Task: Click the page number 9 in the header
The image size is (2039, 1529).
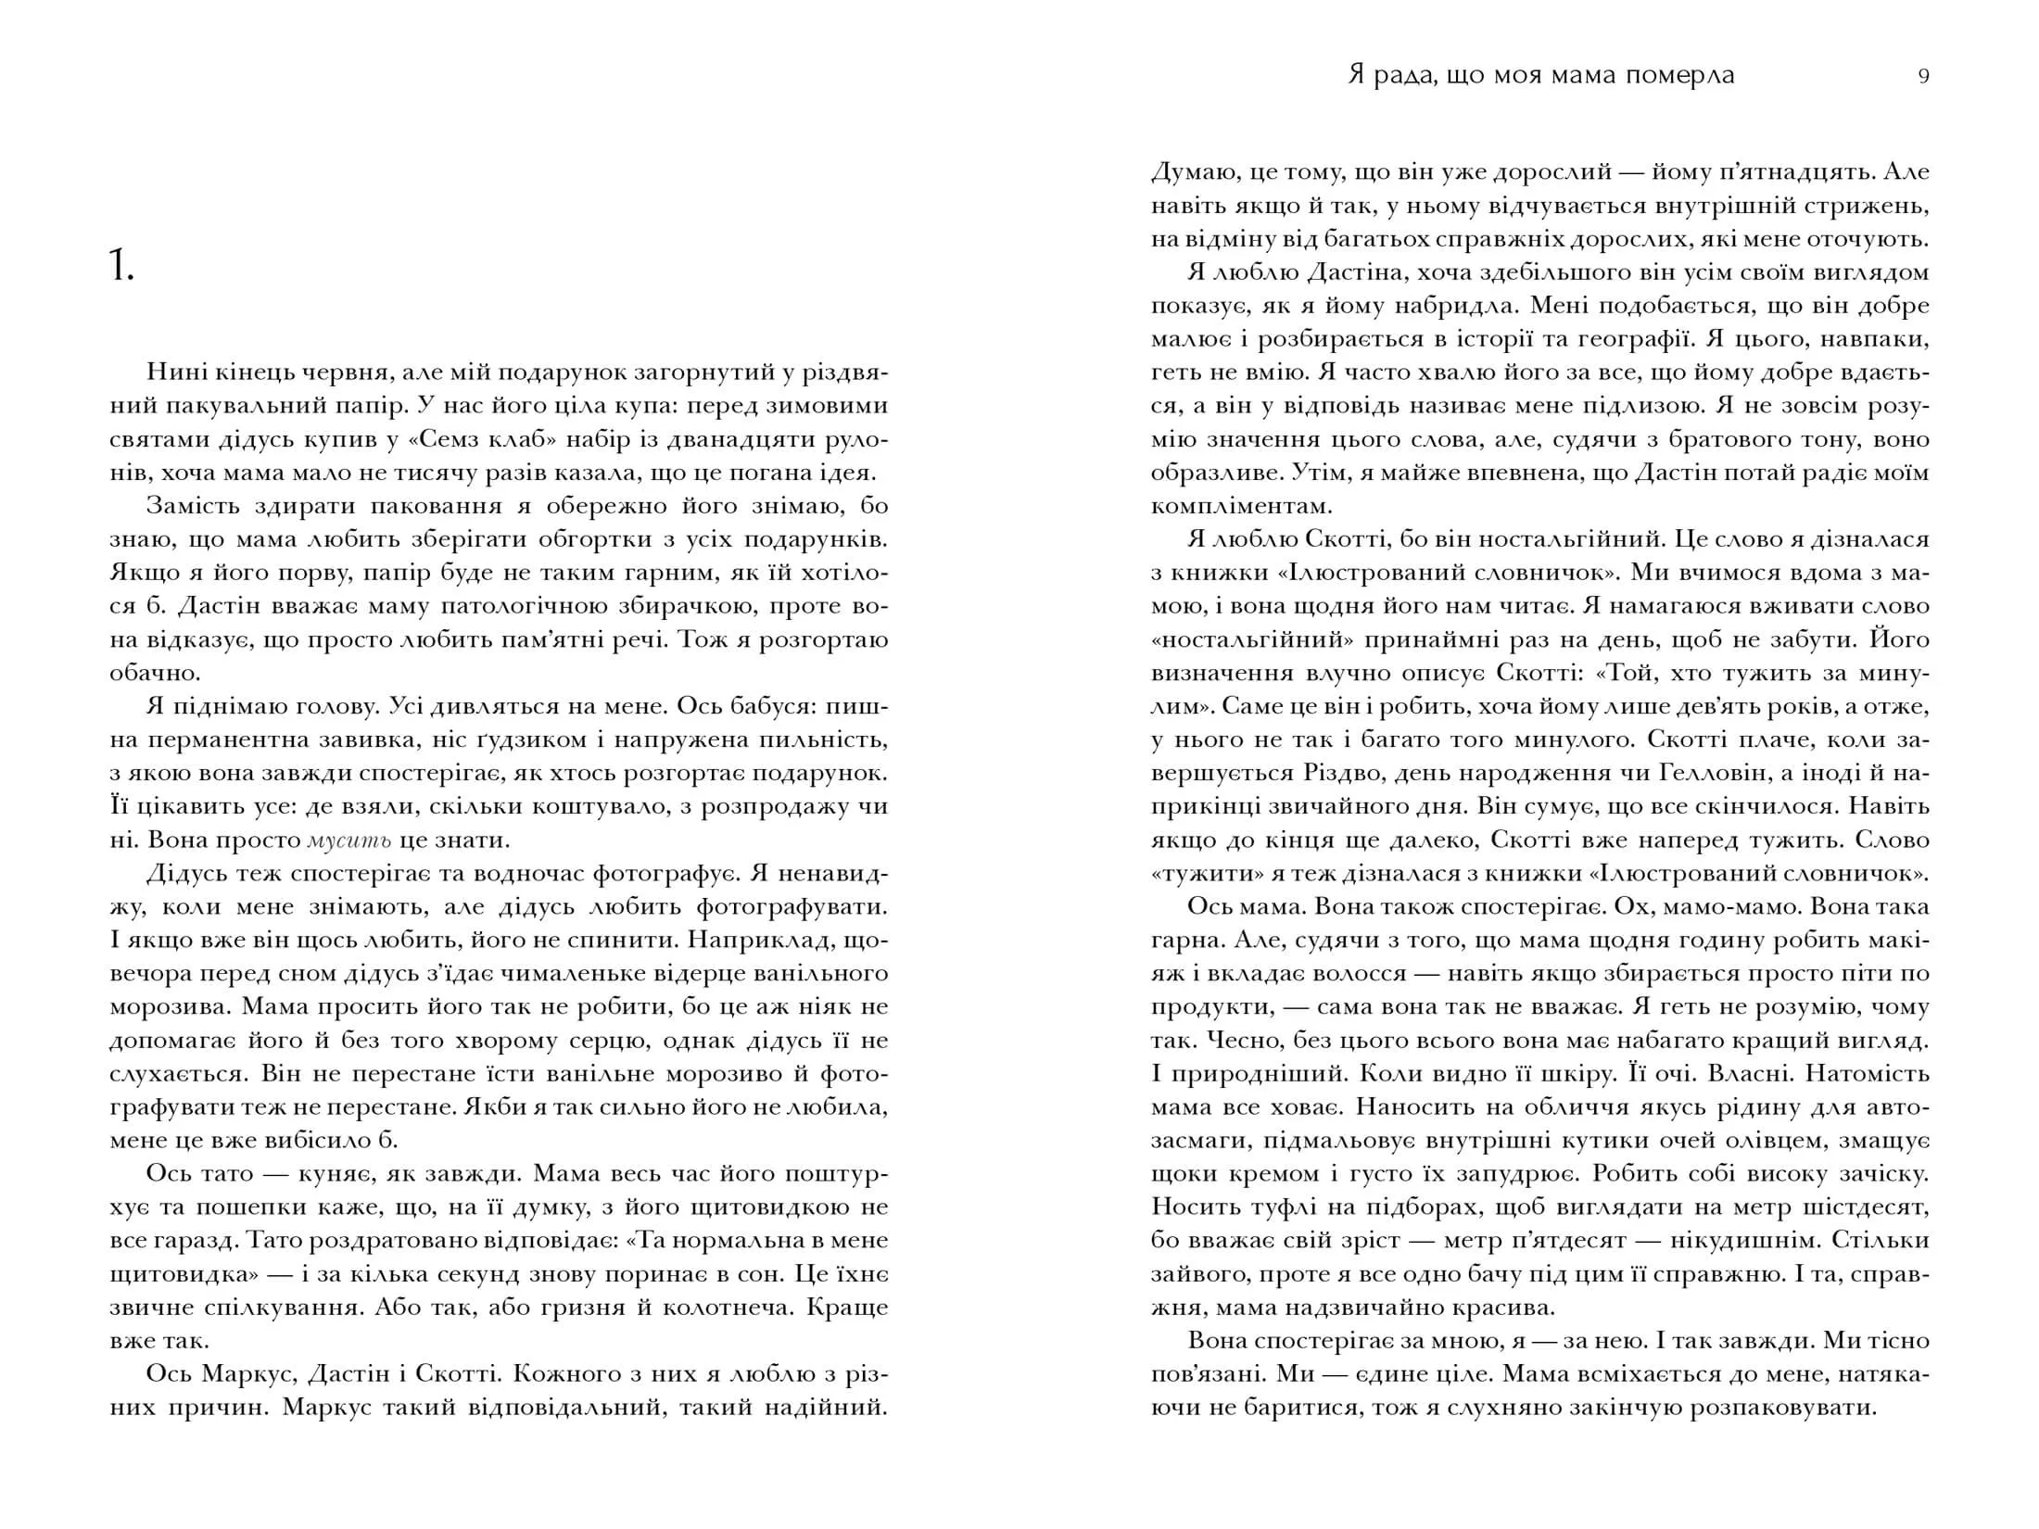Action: tap(1923, 77)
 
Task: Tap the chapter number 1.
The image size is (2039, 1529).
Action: tap(120, 269)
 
